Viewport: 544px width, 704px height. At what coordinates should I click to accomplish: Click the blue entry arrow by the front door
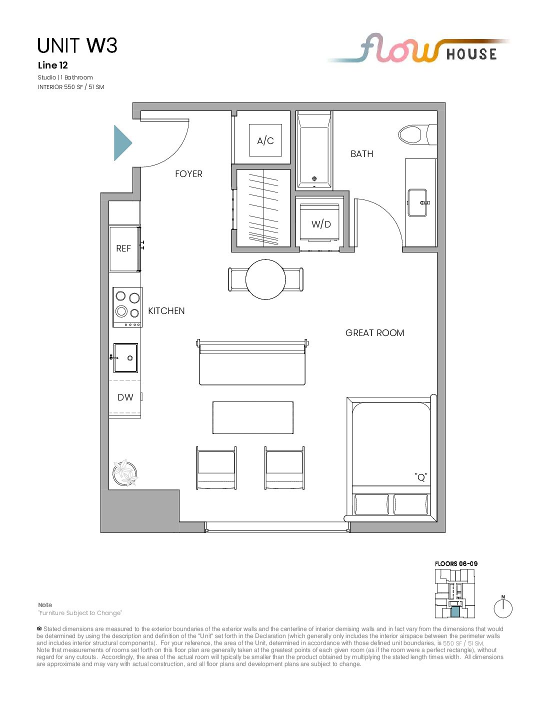point(122,143)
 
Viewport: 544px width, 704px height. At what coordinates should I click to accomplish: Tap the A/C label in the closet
point(265,141)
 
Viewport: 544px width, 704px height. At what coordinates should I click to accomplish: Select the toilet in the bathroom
point(417,134)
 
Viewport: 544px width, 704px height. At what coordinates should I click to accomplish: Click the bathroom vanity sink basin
point(417,203)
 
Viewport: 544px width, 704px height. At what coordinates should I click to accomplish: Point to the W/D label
point(321,224)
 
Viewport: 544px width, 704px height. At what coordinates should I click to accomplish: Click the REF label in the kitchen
point(123,248)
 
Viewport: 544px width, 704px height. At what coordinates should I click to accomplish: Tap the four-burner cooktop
point(127,307)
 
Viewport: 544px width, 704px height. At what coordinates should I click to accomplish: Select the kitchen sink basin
point(125,357)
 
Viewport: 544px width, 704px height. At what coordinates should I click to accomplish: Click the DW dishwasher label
point(125,397)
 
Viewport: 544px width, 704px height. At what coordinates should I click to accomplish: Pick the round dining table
point(265,279)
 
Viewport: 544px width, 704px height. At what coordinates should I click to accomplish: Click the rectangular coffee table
point(253,417)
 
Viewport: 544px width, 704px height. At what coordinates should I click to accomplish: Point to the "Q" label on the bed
point(421,477)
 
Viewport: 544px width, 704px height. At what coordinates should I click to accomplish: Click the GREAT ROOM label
point(375,333)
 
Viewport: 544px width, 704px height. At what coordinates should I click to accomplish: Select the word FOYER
point(188,174)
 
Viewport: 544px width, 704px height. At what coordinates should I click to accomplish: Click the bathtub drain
point(314,178)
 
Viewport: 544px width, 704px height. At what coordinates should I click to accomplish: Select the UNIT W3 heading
point(77,45)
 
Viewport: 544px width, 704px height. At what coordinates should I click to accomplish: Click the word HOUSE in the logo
point(471,54)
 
